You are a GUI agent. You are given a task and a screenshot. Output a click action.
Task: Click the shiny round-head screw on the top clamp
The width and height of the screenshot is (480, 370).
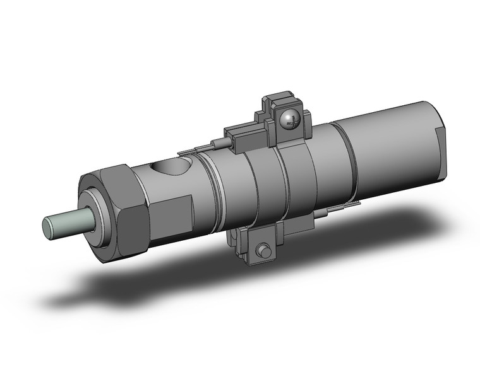[289, 118]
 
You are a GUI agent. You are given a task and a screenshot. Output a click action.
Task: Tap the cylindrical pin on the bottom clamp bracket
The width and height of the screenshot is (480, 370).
[263, 251]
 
